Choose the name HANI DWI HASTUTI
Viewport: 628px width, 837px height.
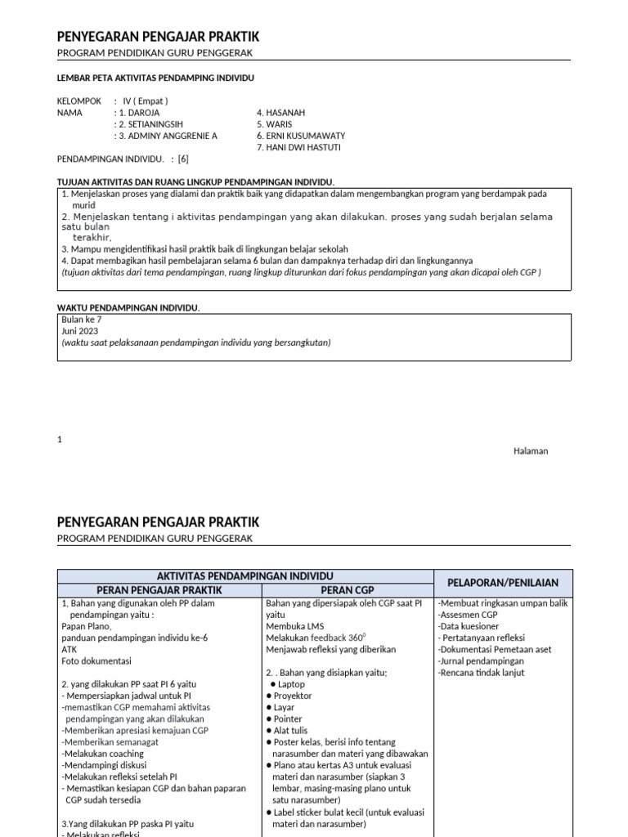click(298, 147)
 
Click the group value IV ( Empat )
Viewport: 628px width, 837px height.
click(146, 101)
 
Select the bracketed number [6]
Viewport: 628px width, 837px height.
click(182, 159)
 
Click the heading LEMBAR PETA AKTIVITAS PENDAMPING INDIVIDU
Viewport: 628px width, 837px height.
click(155, 78)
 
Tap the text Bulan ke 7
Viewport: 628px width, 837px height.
click(82, 320)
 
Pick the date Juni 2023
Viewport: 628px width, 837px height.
click(80, 331)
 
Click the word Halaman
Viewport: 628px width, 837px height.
click(530, 451)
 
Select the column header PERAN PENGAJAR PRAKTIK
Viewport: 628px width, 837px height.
click(159, 589)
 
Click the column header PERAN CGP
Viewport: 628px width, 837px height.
click(347, 589)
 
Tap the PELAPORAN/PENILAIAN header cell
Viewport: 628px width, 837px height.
click(503, 583)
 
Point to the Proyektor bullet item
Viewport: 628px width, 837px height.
click(294, 696)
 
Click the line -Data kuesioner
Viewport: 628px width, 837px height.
click(469, 626)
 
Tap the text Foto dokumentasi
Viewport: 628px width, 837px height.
click(96, 660)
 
